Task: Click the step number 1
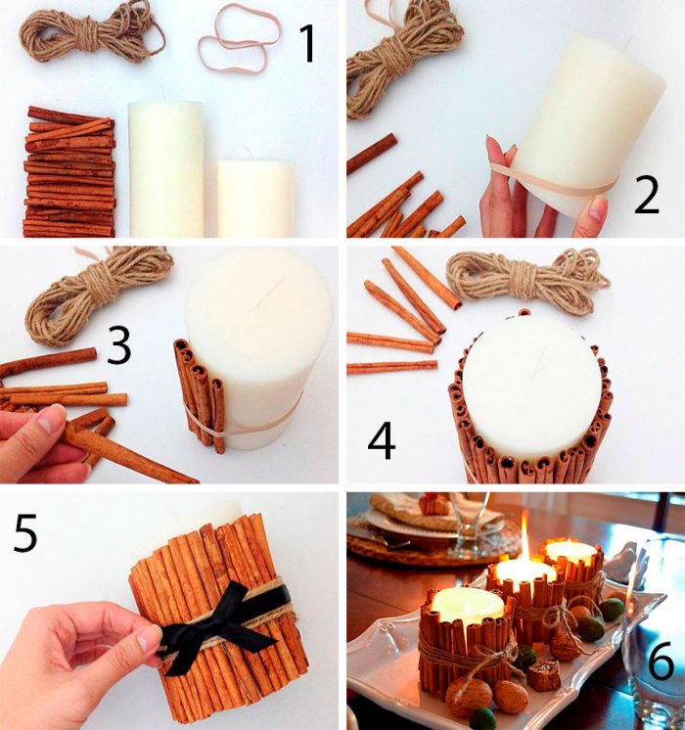(308, 43)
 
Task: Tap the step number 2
(647, 196)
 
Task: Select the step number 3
(119, 345)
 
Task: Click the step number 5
(25, 533)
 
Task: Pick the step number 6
(661, 660)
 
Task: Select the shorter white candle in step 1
(255, 198)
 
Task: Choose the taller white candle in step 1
(165, 167)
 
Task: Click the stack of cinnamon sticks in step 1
(69, 172)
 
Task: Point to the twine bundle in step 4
(527, 279)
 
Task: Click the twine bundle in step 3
(97, 293)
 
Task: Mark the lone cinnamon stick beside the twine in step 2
(372, 154)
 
